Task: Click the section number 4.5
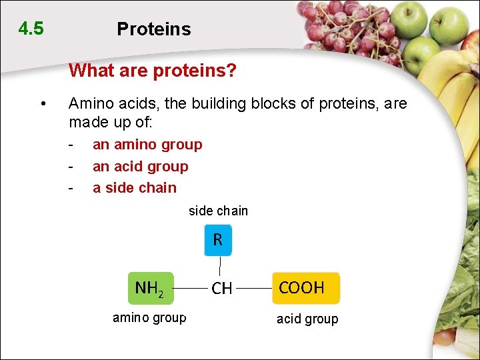(x=31, y=29)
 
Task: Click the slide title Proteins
(x=153, y=29)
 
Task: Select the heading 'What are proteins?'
(x=153, y=70)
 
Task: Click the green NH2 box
(x=151, y=288)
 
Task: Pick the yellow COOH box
(x=305, y=288)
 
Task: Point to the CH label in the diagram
(x=221, y=289)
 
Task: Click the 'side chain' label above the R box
(x=218, y=211)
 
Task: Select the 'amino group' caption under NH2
(x=149, y=317)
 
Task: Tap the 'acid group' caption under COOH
(x=307, y=319)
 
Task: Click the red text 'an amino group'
(x=147, y=145)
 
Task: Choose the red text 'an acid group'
(x=140, y=166)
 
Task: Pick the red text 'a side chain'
(x=135, y=187)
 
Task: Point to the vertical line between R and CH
(x=219, y=267)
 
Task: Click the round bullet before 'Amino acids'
(x=43, y=104)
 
